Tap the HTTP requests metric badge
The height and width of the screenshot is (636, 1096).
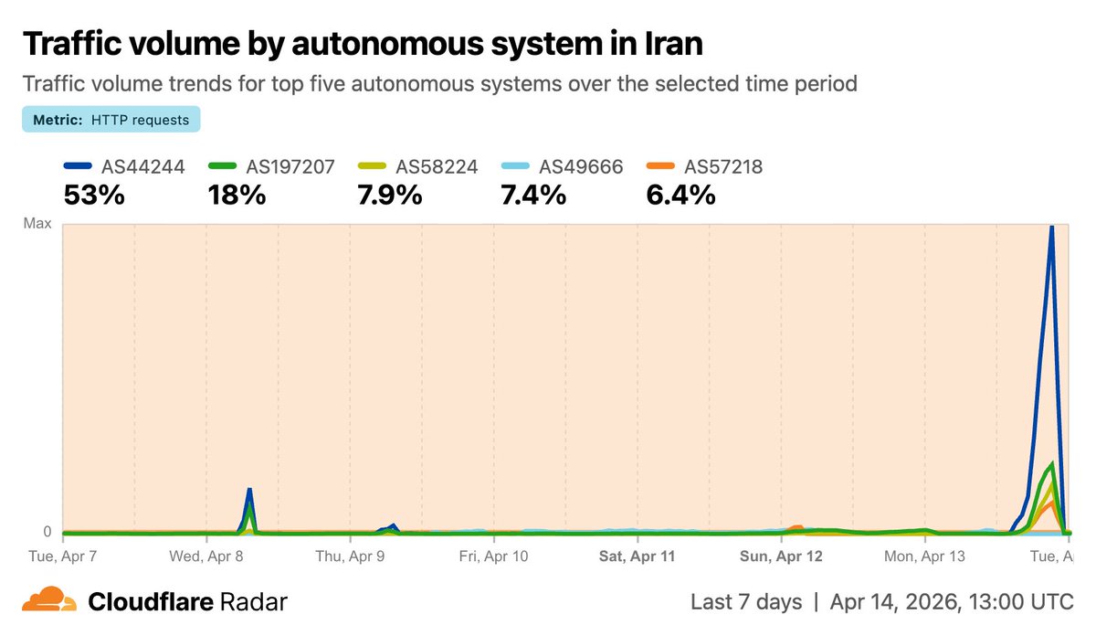pyautogui.click(x=111, y=120)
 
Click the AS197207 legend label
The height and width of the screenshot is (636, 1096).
pyautogui.click(x=290, y=166)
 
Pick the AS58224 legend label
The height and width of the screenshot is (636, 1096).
pyautogui.click(x=436, y=166)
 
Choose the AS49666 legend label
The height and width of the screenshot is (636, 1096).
pyautogui.click(x=581, y=166)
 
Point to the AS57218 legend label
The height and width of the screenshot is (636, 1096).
pyautogui.click(x=722, y=166)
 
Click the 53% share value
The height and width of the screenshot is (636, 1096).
pyautogui.click(x=93, y=195)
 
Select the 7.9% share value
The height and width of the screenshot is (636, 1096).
pyautogui.click(x=384, y=195)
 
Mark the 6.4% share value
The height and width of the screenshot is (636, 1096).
pyautogui.click(x=681, y=195)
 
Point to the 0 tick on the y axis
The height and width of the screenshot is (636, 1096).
pyautogui.click(x=47, y=531)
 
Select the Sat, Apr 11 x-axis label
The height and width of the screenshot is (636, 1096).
pyautogui.click(x=637, y=556)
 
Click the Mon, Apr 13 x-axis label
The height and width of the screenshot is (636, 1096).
pyautogui.click(x=924, y=556)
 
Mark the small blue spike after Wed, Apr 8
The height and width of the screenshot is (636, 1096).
pyautogui.click(x=248, y=491)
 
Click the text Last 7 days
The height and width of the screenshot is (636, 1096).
pyautogui.click(x=746, y=601)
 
